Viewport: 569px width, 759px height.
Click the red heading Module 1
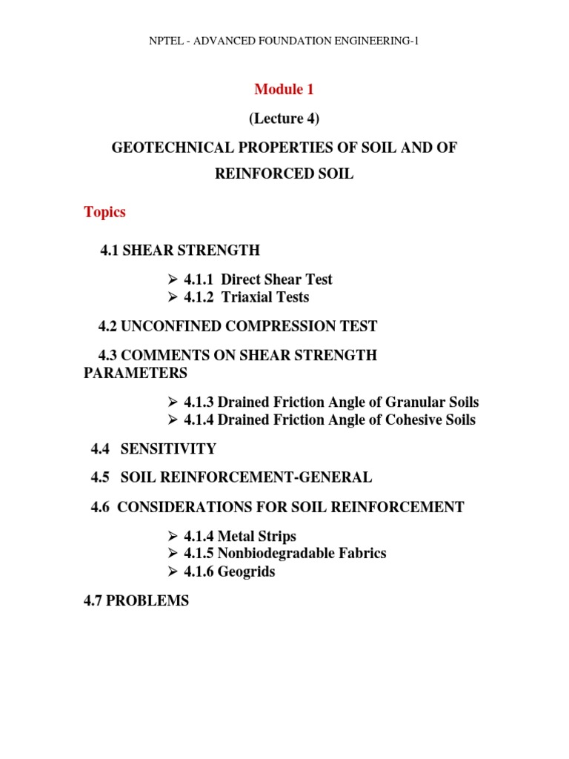coord(284,90)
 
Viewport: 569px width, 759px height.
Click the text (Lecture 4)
coord(284,119)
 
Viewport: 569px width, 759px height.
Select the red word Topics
coord(104,212)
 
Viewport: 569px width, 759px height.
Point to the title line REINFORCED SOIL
coord(284,175)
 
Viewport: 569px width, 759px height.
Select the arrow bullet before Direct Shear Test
coord(173,279)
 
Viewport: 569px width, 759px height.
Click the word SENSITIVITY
coord(168,449)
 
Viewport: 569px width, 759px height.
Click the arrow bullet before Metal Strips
coord(173,536)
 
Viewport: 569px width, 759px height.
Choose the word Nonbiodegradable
coord(276,554)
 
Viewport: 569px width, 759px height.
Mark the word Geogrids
coord(246,572)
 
